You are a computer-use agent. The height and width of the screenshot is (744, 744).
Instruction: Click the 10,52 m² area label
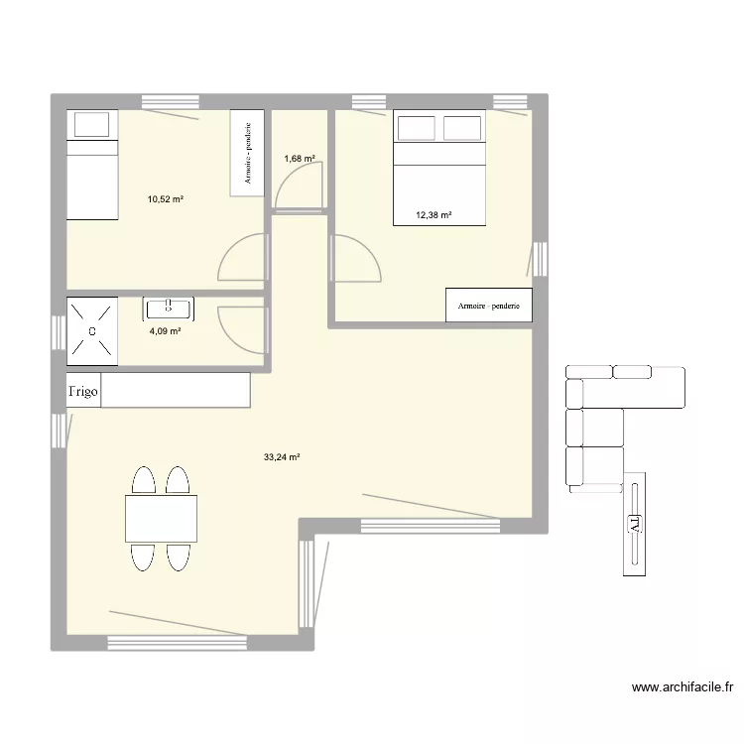pos(166,199)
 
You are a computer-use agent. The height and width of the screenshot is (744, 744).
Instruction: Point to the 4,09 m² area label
pos(165,331)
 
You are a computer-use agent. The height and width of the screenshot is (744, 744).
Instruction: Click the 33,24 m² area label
pos(282,457)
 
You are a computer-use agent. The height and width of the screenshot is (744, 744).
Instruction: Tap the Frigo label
pos(83,391)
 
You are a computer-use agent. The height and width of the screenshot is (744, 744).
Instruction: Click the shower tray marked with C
pos(92,330)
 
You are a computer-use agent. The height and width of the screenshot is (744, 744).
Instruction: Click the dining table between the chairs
pos(161,518)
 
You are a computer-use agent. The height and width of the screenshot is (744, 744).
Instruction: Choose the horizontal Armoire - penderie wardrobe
pos(489,306)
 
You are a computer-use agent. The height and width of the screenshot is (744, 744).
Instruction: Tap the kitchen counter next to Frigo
pos(176,390)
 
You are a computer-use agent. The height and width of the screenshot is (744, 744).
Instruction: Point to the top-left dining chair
pos(144,483)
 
